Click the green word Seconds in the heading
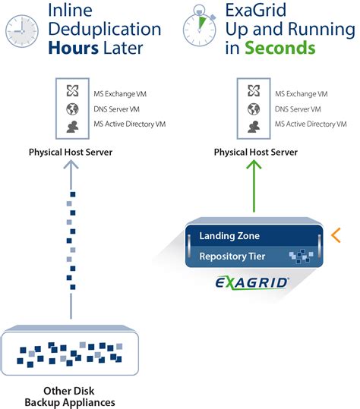(280, 48)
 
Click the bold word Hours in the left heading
(74, 49)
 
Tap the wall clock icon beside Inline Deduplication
(22, 31)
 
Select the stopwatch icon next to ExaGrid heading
(200, 26)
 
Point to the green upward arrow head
(254, 165)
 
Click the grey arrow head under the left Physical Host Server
(71, 165)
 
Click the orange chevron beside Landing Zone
(336, 235)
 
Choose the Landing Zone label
(229, 236)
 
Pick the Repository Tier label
(232, 256)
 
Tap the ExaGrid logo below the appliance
(252, 283)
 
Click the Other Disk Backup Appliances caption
(70, 396)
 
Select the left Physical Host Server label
(71, 152)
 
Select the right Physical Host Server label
(256, 152)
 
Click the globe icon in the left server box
(72, 109)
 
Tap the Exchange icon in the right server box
(254, 91)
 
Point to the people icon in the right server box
(254, 127)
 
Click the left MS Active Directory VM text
(130, 124)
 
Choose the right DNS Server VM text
(298, 109)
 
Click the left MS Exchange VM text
(120, 93)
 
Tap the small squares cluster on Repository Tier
(301, 256)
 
